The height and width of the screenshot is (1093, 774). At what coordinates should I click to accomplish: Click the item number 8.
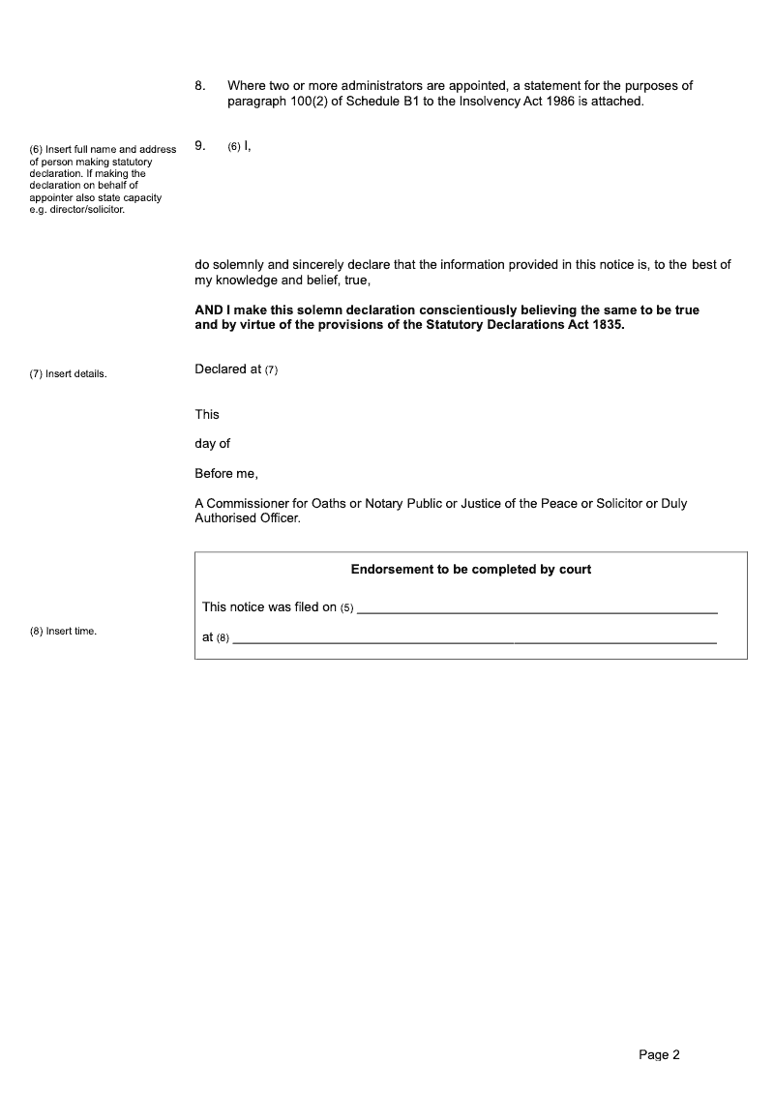199,86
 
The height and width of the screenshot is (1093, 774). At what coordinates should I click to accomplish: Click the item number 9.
199,146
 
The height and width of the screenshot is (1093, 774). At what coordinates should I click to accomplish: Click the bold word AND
209,310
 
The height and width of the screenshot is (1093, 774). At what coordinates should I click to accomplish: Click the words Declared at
227,369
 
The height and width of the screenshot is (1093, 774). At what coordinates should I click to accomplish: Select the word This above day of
207,414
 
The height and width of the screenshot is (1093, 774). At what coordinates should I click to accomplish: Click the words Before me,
226,474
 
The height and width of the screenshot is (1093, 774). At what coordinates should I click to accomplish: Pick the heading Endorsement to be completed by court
470,570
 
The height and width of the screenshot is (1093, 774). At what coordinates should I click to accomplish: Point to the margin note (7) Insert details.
68,374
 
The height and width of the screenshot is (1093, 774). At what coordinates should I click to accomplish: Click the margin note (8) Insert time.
63,632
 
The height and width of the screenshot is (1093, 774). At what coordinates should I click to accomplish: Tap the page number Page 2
659,1055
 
